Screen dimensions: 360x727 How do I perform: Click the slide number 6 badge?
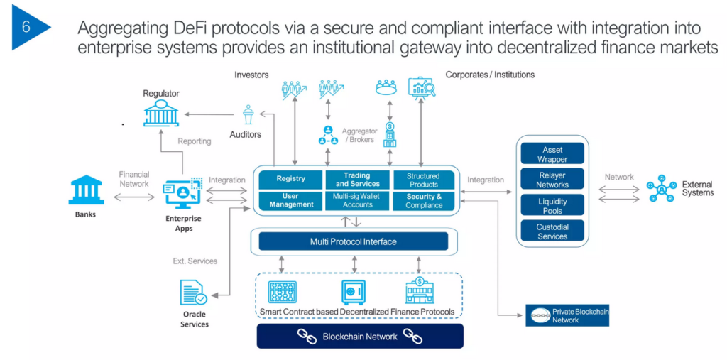click(x=27, y=28)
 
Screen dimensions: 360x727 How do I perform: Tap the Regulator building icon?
click(x=160, y=113)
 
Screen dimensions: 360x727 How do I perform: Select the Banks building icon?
click(x=85, y=190)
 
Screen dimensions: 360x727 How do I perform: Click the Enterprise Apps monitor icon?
click(x=183, y=194)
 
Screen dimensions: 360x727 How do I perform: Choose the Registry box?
click(x=290, y=179)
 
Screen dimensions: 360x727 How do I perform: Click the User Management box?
click(x=290, y=200)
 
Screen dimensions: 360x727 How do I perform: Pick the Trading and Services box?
click(x=357, y=179)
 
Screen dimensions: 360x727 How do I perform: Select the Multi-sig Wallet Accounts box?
click(x=357, y=200)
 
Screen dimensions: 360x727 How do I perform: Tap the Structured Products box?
click(x=424, y=180)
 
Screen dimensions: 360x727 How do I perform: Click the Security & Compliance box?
click(x=424, y=201)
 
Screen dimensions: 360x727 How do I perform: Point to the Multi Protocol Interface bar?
click(x=353, y=242)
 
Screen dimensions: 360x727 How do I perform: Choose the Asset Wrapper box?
click(x=552, y=154)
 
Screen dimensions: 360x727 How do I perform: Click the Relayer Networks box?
click(x=552, y=180)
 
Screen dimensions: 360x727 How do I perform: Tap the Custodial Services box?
click(x=552, y=231)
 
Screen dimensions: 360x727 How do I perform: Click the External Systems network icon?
click(x=662, y=189)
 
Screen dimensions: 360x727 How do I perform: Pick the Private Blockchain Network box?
click(x=567, y=315)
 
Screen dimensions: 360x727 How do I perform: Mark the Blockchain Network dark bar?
click(x=360, y=337)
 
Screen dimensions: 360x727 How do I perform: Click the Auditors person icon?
click(x=248, y=116)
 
